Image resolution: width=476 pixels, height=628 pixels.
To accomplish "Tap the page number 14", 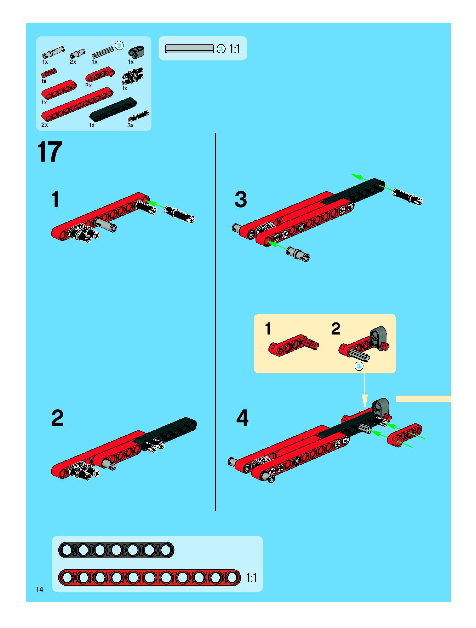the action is pyautogui.click(x=39, y=589).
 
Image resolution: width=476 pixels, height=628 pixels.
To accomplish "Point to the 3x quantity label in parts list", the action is pyautogui.click(x=130, y=125).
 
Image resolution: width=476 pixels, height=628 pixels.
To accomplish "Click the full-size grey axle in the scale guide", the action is pyautogui.click(x=189, y=49).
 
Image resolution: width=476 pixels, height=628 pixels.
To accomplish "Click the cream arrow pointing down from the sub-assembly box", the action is pyautogui.click(x=364, y=391).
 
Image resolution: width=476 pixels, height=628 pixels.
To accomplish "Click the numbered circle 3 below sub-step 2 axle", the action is pyautogui.click(x=359, y=366).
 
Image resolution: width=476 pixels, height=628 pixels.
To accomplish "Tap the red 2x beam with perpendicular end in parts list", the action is pyautogui.click(x=100, y=74).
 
